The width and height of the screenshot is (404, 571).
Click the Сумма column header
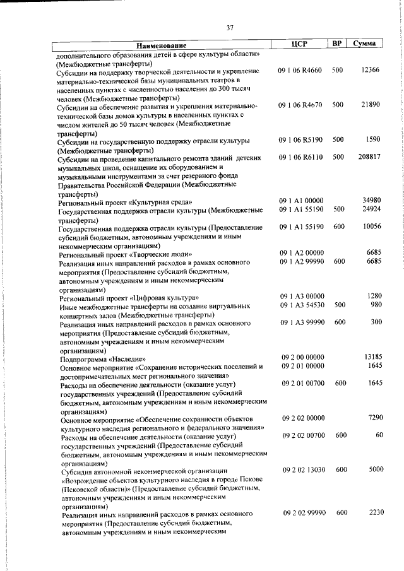point(365,44)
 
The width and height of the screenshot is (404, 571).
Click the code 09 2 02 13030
point(304,469)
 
